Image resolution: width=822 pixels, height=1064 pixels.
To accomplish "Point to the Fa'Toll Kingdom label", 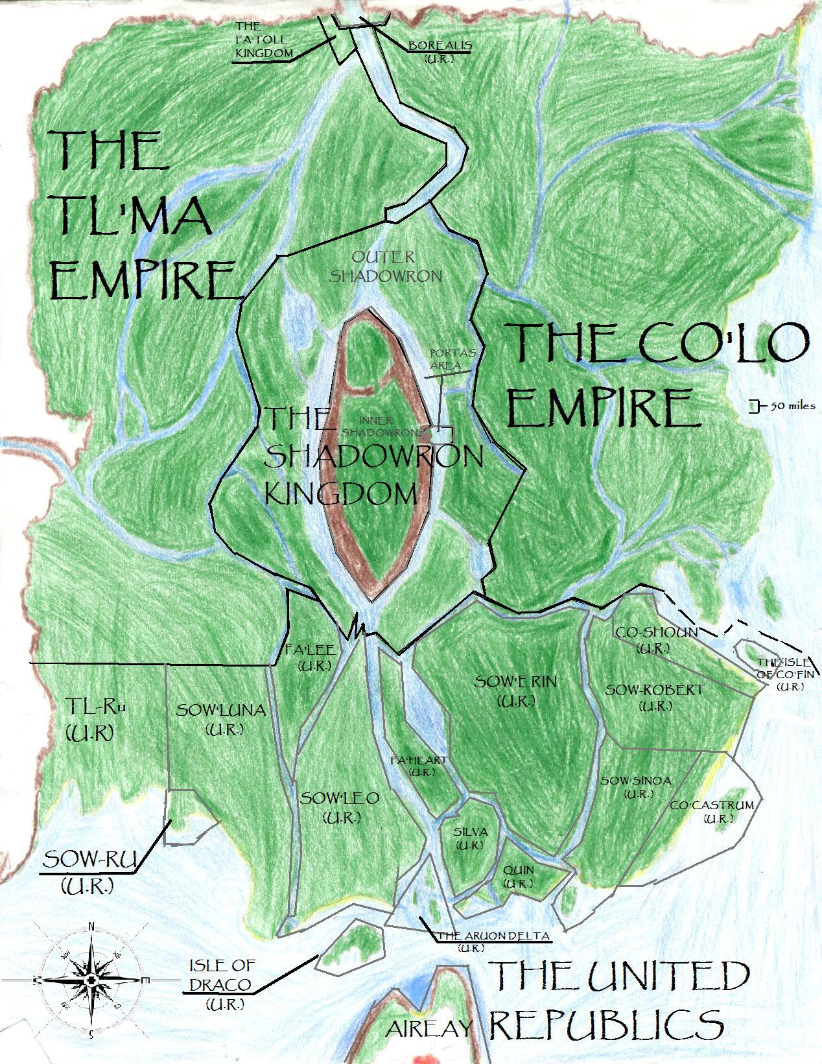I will [x=264, y=40].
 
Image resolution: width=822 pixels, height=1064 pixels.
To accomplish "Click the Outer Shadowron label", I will [x=386, y=266].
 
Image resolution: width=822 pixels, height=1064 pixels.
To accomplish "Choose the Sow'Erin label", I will [x=516, y=691].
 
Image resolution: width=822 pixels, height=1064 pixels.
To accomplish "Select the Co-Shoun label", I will [x=656, y=639].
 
